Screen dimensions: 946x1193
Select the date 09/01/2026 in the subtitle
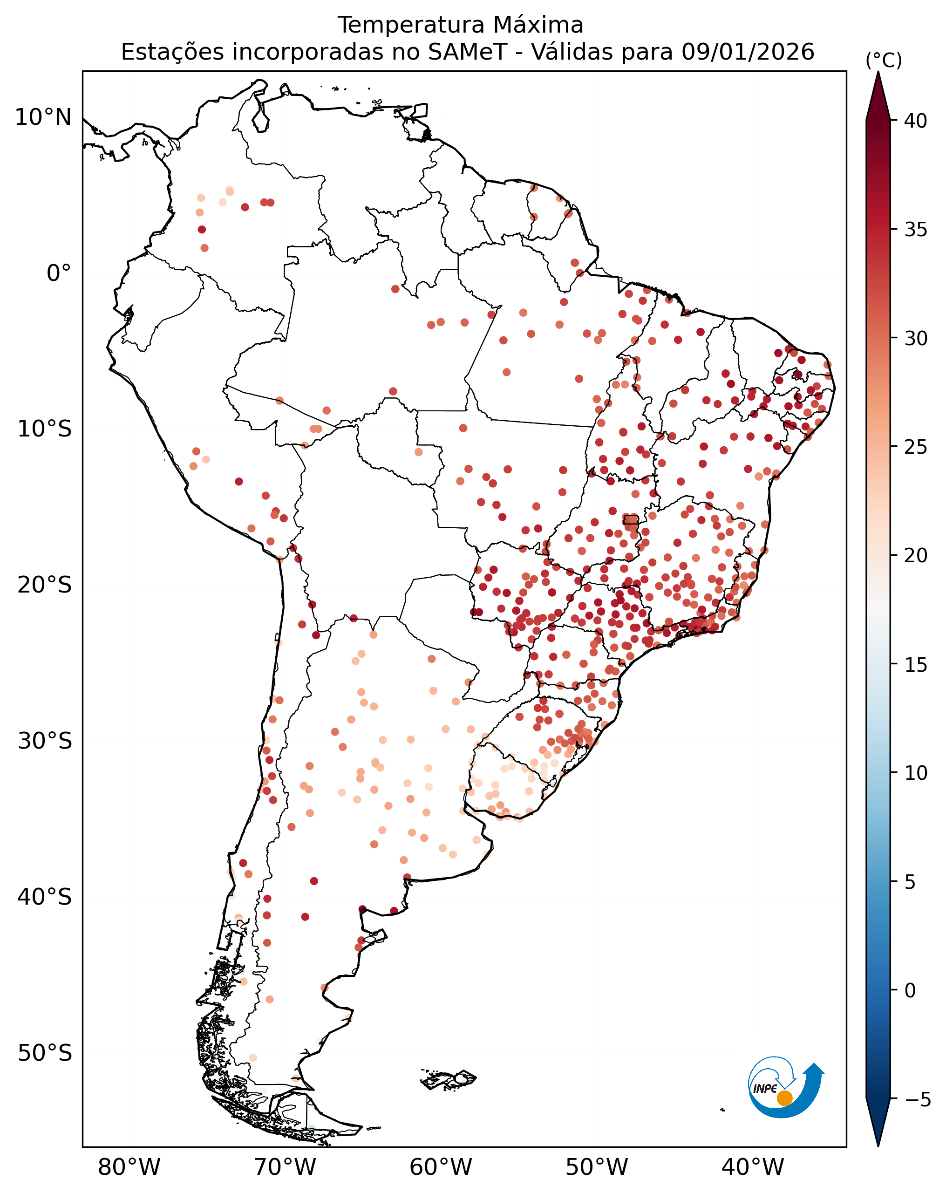click(748, 52)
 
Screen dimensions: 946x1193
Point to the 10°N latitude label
click(43, 117)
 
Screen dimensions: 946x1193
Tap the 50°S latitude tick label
click(44, 1053)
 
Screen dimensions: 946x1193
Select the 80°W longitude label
click(129, 1167)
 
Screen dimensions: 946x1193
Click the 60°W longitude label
click(441, 1167)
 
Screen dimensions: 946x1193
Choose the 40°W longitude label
click(753, 1167)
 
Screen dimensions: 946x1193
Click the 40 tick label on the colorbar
click(916, 121)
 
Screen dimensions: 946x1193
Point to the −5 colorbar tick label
click(917, 1099)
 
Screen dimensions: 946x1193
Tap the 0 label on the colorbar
click(910, 990)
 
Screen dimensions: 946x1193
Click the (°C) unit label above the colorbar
click(884, 60)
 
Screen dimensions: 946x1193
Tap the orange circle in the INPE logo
click(784, 1098)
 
